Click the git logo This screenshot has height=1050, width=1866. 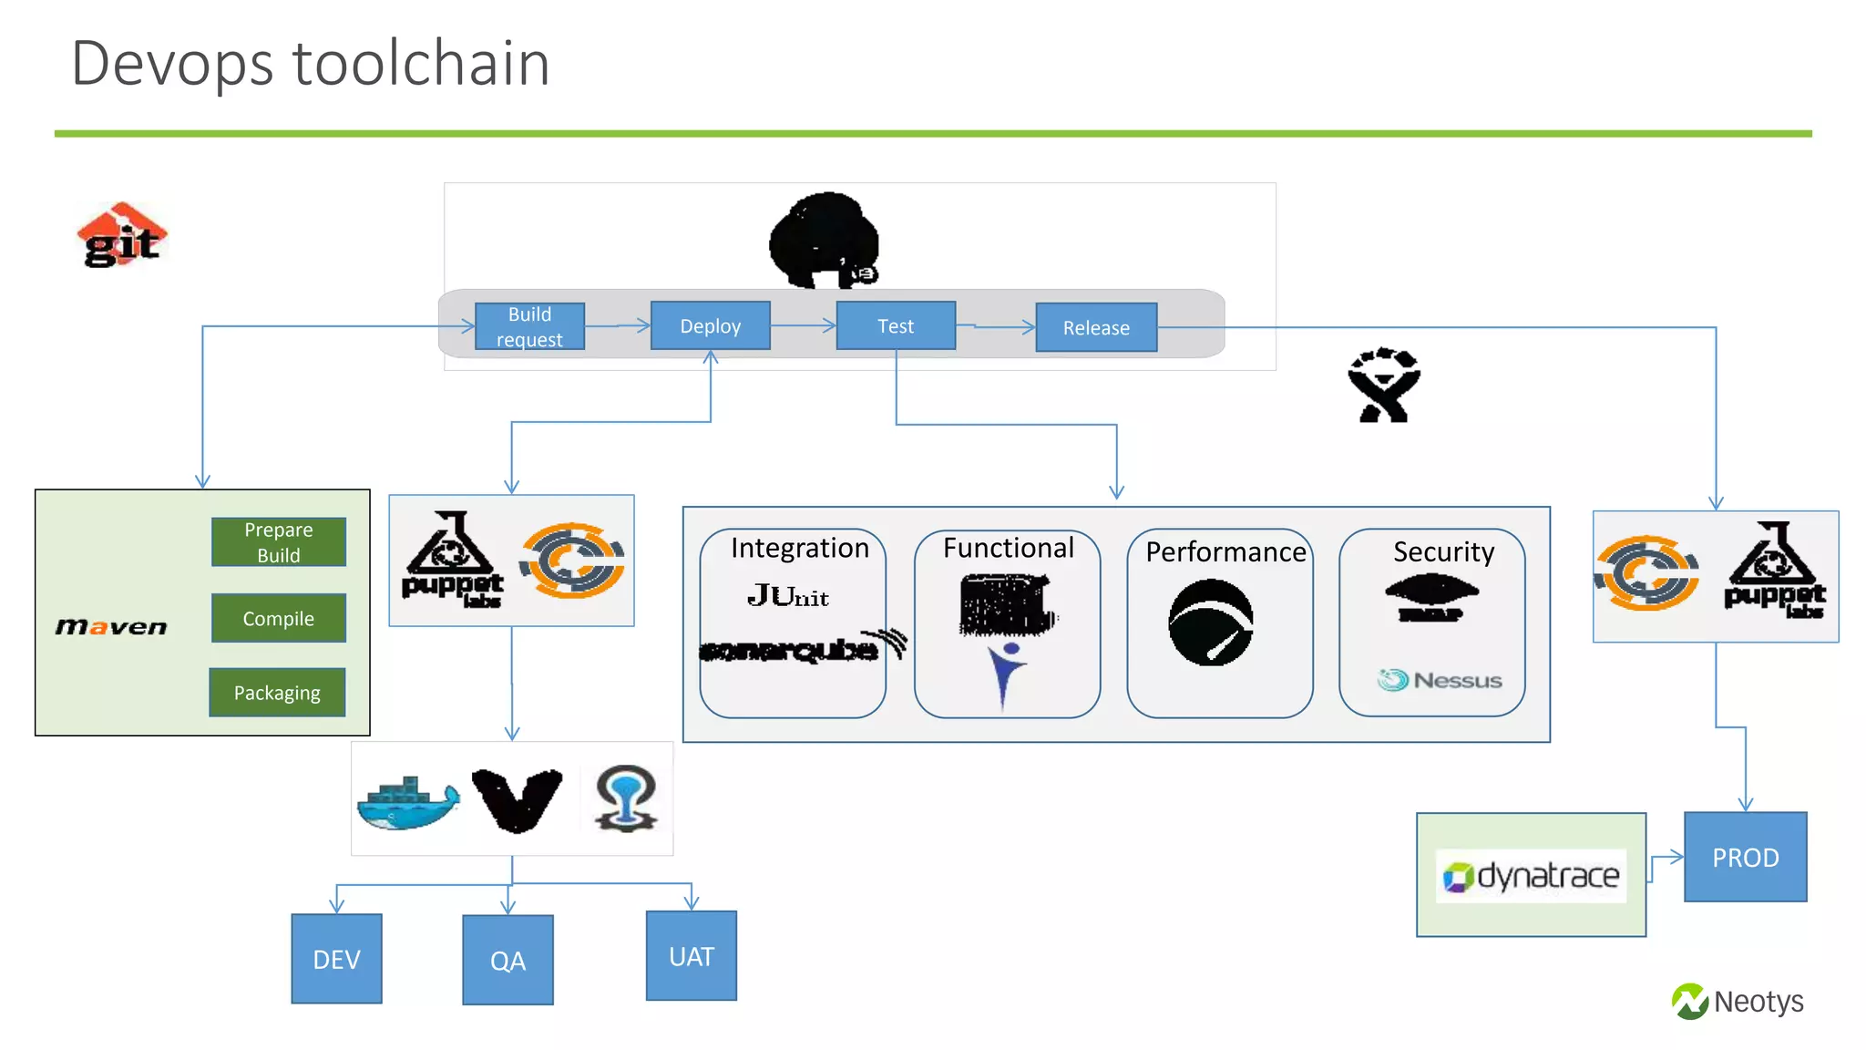pos(122,236)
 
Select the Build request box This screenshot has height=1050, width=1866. pos(529,326)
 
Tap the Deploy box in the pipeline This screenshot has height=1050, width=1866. pos(710,325)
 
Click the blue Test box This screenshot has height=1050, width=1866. pos(896,325)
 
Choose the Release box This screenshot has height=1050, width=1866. pos(1096,327)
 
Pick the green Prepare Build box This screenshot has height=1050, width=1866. pos(279,542)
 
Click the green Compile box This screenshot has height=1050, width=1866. pos(279,618)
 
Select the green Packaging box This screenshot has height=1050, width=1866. pos(277,693)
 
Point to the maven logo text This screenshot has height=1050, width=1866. pos(111,627)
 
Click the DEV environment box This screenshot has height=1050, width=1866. pos(336,959)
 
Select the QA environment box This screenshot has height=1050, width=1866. pos(508,960)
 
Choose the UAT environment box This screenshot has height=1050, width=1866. pos(691,956)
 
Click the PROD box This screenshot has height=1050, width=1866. pos(1745,857)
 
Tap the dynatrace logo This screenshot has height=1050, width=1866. pos(1531,876)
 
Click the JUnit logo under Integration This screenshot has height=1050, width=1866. pos(788,596)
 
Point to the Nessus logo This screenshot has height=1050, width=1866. pos(1440,680)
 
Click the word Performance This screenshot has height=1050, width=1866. pos(1225,552)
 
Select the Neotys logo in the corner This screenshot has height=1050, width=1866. pos(1738,1002)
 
